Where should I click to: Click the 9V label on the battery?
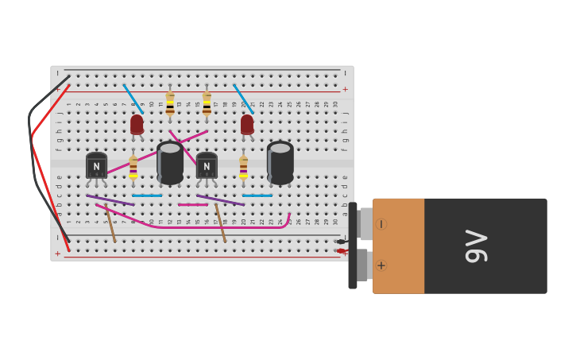[476, 246]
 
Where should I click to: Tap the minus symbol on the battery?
[381, 224]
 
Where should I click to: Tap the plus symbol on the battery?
[381, 265]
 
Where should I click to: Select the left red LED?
[137, 125]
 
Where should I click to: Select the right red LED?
[247, 125]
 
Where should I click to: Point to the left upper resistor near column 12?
[170, 104]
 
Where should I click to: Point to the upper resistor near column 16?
[207, 104]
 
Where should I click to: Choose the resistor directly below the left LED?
[133, 167]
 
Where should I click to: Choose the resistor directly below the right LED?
[243, 167]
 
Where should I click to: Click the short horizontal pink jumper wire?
[193, 204]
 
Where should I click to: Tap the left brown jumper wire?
[110, 223]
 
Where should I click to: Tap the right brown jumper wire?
[220, 223]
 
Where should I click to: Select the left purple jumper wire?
[110, 200]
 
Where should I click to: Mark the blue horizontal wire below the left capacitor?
[147, 195]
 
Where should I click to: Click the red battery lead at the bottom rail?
[341, 251]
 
